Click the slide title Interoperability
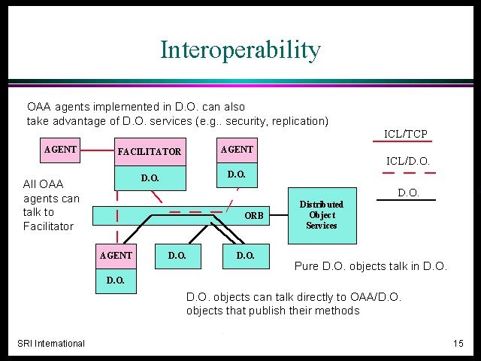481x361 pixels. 240,50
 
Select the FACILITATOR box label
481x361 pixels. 150,151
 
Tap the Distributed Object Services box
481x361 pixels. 322,216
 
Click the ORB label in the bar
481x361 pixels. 254,216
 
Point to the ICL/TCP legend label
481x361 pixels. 406,134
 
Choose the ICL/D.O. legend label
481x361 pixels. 407,161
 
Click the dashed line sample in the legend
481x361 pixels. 409,173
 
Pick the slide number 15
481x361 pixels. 458,343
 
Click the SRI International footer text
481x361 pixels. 51,343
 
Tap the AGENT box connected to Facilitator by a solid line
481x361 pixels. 60,150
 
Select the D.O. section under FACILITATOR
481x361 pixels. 150,178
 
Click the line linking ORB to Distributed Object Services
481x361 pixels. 279,215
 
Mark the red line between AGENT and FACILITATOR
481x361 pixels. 97,150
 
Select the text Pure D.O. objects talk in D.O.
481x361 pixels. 371,265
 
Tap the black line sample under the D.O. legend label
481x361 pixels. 406,200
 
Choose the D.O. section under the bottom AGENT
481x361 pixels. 116,281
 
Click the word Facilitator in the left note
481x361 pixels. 48,226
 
